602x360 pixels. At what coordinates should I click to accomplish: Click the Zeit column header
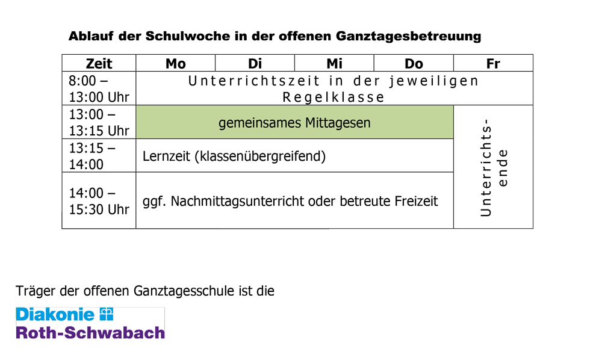(99, 63)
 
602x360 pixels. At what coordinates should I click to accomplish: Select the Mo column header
(175, 63)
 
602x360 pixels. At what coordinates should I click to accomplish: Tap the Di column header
(255, 63)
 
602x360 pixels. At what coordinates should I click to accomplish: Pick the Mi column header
(334, 63)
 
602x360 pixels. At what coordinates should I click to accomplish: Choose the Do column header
(414, 63)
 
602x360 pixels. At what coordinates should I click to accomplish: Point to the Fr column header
(494, 63)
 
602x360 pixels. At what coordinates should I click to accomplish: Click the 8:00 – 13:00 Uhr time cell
(99, 88)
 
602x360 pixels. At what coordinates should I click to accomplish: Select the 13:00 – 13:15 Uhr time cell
(99, 122)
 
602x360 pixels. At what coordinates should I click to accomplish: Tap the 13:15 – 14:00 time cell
(99, 156)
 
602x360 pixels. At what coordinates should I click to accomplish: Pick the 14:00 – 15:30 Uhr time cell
(99, 200)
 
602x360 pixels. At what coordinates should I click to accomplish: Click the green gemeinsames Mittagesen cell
(294, 122)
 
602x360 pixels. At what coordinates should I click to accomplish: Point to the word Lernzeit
(166, 156)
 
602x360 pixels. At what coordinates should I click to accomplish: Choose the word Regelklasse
(334, 98)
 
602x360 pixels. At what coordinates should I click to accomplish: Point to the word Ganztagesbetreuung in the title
(408, 37)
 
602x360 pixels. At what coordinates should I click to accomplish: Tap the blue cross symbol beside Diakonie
(107, 314)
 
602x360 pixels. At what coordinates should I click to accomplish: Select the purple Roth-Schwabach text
(90, 333)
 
